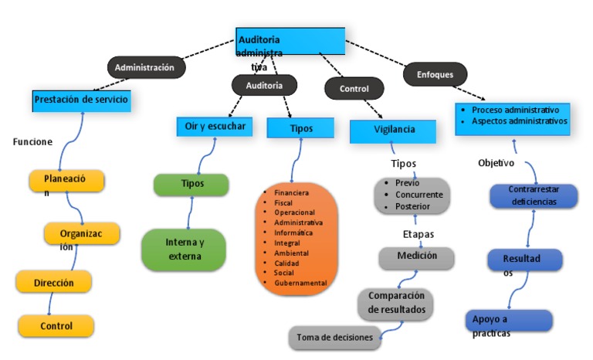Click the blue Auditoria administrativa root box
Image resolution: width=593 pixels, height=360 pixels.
click(290, 41)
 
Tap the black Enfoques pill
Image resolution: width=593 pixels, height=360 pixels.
click(435, 74)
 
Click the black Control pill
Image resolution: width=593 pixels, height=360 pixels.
click(354, 89)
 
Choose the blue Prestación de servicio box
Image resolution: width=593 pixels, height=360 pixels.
click(80, 100)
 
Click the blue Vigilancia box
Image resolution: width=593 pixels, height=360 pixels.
click(392, 131)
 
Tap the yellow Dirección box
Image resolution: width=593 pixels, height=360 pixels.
click(54, 282)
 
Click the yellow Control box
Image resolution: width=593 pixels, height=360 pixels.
click(56, 326)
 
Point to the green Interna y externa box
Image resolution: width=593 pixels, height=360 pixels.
click(184, 249)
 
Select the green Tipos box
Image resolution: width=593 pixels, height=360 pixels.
click(191, 184)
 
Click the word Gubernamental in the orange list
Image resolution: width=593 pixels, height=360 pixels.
click(300, 283)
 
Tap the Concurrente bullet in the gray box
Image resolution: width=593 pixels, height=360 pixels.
click(418, 195)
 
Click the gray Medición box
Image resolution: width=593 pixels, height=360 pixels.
click(416, 256)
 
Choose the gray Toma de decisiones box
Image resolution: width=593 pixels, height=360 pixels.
click(335, 337)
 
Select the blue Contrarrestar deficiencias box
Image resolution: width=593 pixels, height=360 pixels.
click(534, 195)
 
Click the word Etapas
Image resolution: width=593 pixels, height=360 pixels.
click(418, 233)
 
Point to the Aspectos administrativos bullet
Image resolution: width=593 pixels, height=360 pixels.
click(519, 121)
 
